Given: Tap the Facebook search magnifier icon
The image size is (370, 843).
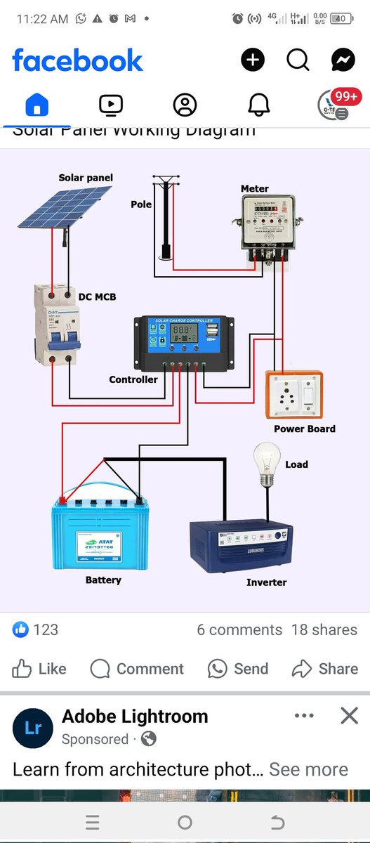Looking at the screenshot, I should coord(298,60).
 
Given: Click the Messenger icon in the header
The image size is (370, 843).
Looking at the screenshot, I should coord(343,60).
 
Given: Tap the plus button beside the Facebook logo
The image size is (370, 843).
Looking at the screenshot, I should coord(253,60).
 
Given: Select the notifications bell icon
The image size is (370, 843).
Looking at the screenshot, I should coord(259,105).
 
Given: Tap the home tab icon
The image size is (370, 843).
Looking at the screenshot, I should coord(37,105).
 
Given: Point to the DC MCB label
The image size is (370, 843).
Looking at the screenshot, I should coord(97,297).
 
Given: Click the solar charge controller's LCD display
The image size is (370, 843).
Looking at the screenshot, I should coord(183,330).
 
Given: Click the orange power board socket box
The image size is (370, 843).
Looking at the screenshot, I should coord(294,395).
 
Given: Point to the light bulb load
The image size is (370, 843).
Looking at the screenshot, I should coord(266,465).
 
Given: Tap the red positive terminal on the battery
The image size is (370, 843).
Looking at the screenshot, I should coord(62,500).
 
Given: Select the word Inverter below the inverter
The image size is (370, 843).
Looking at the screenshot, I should coord(266,582).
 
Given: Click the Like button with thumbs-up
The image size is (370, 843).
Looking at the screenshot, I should coord(39,669).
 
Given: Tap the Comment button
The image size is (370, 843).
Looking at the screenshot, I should coord(137,669).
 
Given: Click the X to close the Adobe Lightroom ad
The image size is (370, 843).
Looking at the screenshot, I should coord(349,716).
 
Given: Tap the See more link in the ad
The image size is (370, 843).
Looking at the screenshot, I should coord(308,770).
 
